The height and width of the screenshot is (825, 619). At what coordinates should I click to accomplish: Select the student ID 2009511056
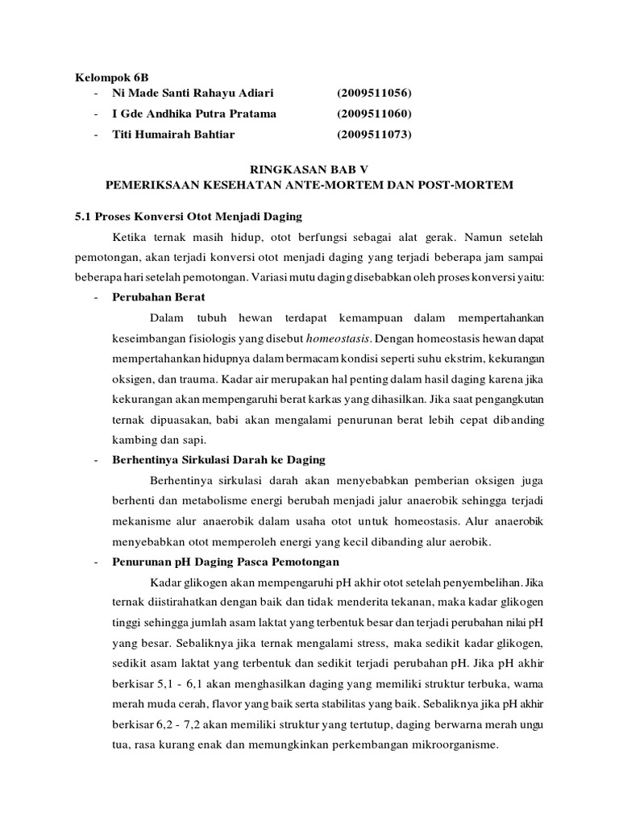tap(374, 96)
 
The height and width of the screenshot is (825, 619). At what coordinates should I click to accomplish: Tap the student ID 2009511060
tap(374, 114)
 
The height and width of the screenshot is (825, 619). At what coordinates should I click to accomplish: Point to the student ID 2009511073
tap(374, 134)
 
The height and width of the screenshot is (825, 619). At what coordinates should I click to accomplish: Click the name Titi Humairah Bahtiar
tap(173, 134)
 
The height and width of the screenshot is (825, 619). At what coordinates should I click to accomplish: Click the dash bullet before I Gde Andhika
tap(96, 114)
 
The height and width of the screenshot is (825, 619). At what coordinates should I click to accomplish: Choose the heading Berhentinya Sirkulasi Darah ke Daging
tap(218, 459)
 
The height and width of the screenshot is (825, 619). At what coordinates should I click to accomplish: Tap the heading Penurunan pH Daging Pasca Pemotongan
tap(225, 561)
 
